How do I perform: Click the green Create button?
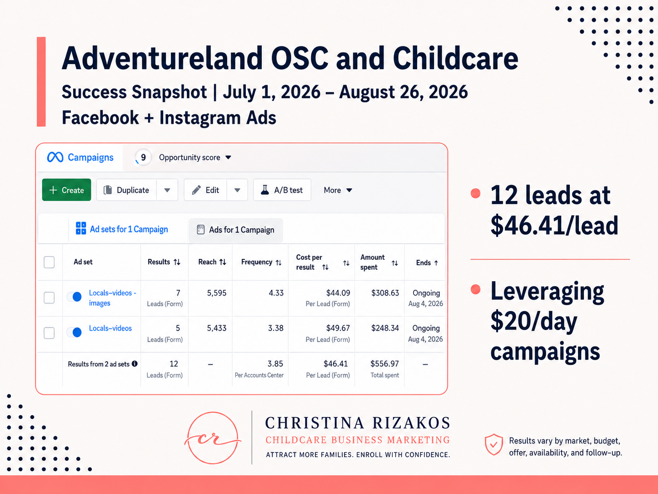pyautogui.click(x=66, y=190)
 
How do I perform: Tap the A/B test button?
pyautogui.click(x=282, y=190)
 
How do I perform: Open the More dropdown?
pyautogui.click(x=338, y=190)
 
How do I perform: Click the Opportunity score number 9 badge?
pyautogui.click(x=143, y=157)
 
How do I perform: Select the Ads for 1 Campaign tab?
pyautogui.click(x=236, y=230)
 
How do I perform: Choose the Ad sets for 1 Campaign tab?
pyautogui.click(x=122, y=229)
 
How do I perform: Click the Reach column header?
pyautogui.click(x=212, y=262)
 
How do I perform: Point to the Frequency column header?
pyautogui.click(x=261, y=262)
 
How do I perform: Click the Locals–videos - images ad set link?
pyautogui.click(x=112, y=298)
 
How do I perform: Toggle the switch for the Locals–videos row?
pyautogui.click(x=75, y=333)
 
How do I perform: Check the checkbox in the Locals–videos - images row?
pyautogui.click(x=49, y=297)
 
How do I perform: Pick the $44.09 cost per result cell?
pyautogui.click(x=338, y=293)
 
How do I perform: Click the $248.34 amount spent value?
pyautogui.click(x=385, y=328)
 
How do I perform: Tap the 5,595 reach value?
pyautogui.click(x=216, y=293)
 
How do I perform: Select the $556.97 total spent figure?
pyautogui.click(x=384, y=364)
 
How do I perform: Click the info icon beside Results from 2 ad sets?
pyautogui.click(x=135, y=364)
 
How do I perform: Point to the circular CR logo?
pyautogui.click(x=213, y=438)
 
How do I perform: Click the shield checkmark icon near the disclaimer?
pyautogui.click(x=493, y=444)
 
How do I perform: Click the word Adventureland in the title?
pyautogui.click(x=162, y=58)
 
